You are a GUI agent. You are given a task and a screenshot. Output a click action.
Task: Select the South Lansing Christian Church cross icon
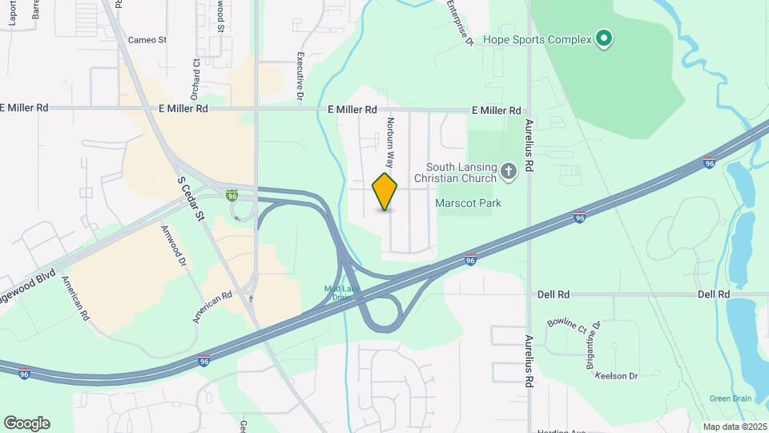click(508, 170)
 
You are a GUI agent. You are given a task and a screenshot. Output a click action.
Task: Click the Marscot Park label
click(468, 203)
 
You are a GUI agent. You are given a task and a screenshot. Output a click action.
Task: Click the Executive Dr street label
click(300, 76)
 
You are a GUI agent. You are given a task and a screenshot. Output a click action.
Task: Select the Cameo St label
click(147, 39)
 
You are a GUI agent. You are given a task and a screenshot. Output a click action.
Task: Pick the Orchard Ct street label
click(195, 72)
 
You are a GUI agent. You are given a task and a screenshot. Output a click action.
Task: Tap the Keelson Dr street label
click(616, 375)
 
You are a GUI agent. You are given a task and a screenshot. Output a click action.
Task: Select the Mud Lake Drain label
click(337, 293)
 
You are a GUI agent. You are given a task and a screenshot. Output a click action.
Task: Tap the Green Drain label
click(730, 399)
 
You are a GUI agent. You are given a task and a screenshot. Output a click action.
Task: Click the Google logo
click(26, 423)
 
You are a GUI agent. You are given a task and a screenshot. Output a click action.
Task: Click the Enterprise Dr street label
click(460, 22)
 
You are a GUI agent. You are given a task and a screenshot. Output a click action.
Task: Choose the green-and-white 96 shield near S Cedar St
click(232, 195)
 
